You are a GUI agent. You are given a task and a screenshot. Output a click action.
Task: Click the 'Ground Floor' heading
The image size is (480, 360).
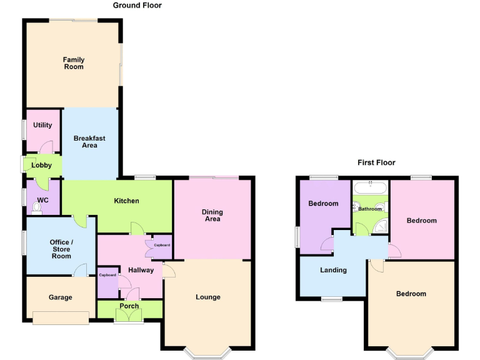point(137,6)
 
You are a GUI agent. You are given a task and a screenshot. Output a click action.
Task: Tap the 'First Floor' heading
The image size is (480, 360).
point(376,162)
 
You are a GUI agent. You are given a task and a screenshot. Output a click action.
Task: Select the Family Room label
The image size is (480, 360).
point(74,63)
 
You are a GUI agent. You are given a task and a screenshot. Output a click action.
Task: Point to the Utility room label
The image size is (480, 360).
point(43,125)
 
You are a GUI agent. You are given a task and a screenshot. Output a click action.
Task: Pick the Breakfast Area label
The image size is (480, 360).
point(89,142)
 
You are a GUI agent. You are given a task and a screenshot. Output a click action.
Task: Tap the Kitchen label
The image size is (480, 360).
point(126,201)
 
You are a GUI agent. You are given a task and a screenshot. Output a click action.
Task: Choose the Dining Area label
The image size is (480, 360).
point(212,216)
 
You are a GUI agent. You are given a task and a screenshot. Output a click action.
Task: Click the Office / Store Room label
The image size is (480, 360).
point(61,249)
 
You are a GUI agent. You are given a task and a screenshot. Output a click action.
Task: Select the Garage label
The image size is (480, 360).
point(61,297)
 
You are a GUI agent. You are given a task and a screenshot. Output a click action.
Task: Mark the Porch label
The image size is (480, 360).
point(129,306)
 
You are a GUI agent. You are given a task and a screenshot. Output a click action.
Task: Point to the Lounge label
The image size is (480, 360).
point(208,297)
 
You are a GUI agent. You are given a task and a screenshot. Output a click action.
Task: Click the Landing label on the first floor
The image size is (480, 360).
point(333,270)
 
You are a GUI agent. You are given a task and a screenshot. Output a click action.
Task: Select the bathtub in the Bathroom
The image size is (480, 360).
point(371,186)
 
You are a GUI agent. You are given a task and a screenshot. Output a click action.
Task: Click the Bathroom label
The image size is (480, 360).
point(370,209)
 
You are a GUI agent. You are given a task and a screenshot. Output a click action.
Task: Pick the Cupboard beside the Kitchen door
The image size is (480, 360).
point(162,245)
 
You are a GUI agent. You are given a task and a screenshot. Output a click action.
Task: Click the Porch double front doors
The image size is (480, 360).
point(129,317)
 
